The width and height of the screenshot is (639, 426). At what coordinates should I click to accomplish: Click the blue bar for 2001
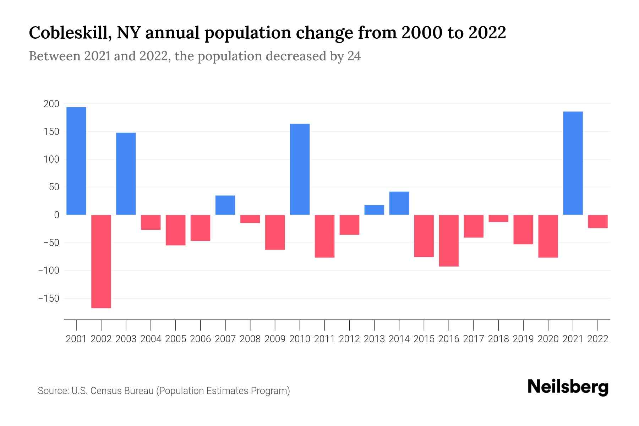coord(76,161)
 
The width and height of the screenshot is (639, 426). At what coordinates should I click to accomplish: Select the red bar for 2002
coord(101,261)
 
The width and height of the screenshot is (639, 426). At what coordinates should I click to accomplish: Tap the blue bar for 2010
coord(300,169)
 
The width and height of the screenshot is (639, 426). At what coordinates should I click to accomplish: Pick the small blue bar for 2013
coord(374,210)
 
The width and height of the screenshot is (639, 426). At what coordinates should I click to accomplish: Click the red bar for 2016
coord(449,240)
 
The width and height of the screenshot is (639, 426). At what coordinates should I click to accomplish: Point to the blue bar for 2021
coord(573,163)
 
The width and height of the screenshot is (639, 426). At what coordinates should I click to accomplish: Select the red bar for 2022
coord(598,222)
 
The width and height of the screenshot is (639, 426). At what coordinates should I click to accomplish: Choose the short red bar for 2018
coord(498,218)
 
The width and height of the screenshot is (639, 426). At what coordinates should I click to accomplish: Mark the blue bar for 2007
coord(225,205)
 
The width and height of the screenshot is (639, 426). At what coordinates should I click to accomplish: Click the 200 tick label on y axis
coord(51,104)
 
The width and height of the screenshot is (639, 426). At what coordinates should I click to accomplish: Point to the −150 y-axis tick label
coord(49,299)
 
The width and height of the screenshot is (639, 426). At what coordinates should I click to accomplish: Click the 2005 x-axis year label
coord(176,339)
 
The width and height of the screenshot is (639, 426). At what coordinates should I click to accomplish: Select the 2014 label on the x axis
coord(399,339)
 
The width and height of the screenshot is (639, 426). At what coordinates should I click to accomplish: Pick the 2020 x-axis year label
coord(548,339)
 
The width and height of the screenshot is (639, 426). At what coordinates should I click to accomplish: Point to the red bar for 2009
coord(275,232)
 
